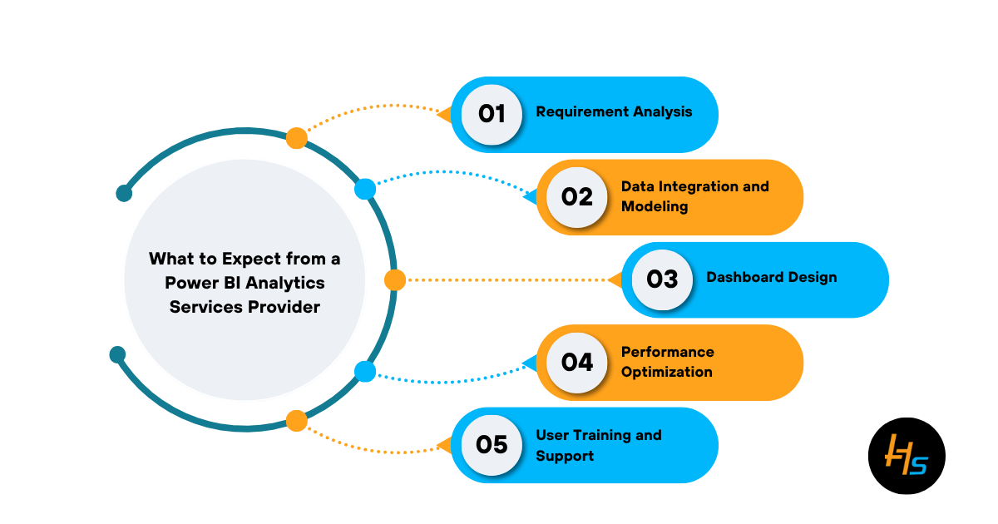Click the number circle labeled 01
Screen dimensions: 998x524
(492, 115)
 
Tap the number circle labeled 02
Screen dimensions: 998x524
(577, 197)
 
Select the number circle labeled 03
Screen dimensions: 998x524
(662, 279)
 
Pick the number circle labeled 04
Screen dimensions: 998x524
(577, 363)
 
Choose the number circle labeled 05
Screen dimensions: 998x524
(492, 445)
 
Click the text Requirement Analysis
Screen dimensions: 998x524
(614, 111)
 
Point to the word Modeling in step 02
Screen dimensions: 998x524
(655, 207)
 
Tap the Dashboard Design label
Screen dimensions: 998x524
(772, 277)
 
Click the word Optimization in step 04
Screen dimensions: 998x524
(666, 372)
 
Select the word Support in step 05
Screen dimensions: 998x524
(565, 456)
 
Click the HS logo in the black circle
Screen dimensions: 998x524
(907, 456)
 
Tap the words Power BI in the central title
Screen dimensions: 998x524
(203, 283)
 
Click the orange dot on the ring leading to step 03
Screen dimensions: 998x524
(395, 279)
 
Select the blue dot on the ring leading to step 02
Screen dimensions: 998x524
(365, 189)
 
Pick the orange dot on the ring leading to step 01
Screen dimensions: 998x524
(296, 138)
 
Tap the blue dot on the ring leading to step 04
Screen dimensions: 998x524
(365, 372)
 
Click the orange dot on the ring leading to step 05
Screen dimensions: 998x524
(296, 421)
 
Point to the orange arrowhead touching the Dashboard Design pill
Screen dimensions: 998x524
(616, 279)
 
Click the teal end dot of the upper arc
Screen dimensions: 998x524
(124, 193)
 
